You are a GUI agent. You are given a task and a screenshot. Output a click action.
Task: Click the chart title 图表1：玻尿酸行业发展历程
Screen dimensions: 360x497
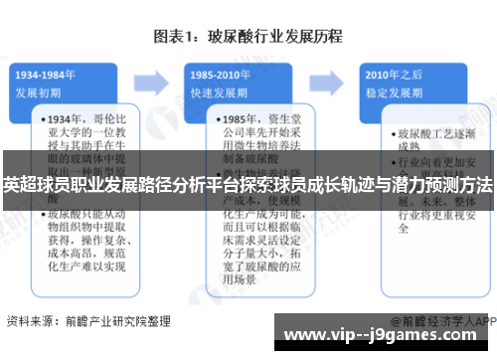[248, 36]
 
